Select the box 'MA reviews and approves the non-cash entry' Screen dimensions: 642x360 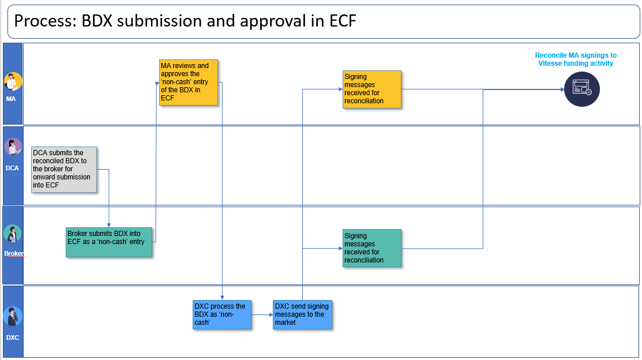pyautogui.click(x=189, y=82)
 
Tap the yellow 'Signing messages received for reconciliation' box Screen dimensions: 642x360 pyautogui.click(x=372, y=89)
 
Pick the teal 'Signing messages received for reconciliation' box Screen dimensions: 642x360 pyautogui.click(x=372, y=248)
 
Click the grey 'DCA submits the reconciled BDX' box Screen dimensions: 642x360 pyautogui.click(x=64, y=170)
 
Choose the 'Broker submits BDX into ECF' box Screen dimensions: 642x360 pyautogui.click(x=109, y=242)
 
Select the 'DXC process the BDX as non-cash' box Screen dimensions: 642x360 pyautogui.click(x=222, y=314)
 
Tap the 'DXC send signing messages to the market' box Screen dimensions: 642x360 pyautogui.click(x=303, y=314)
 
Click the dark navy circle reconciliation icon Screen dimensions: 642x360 pyautogui.click(x=582, y=89)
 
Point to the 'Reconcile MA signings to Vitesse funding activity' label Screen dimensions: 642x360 pyautogui.click(x=576, y=59)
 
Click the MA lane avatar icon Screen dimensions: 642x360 pyautogui.click(x=13, y=81)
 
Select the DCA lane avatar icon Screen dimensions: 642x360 pyautogui.click(x=13, y=148)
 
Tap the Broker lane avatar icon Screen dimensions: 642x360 pyautogui.click(x=12, y=234)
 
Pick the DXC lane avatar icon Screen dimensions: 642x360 pyautogui.click(x=13, y=317)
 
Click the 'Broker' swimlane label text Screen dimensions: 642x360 pyautogui.click(x=14, y=253)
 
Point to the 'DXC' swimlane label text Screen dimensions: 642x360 pyautogui.click(x=13, y=337)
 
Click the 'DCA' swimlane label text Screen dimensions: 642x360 pyautogui.click(x=12, y=168)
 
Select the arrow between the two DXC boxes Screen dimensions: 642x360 pyautogui.click(x=262, y=314)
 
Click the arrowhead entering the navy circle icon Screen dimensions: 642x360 pyautogui.click(x=562, y=89)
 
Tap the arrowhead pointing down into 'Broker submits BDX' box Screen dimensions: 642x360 pyautogui.click(x=109, y=225)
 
